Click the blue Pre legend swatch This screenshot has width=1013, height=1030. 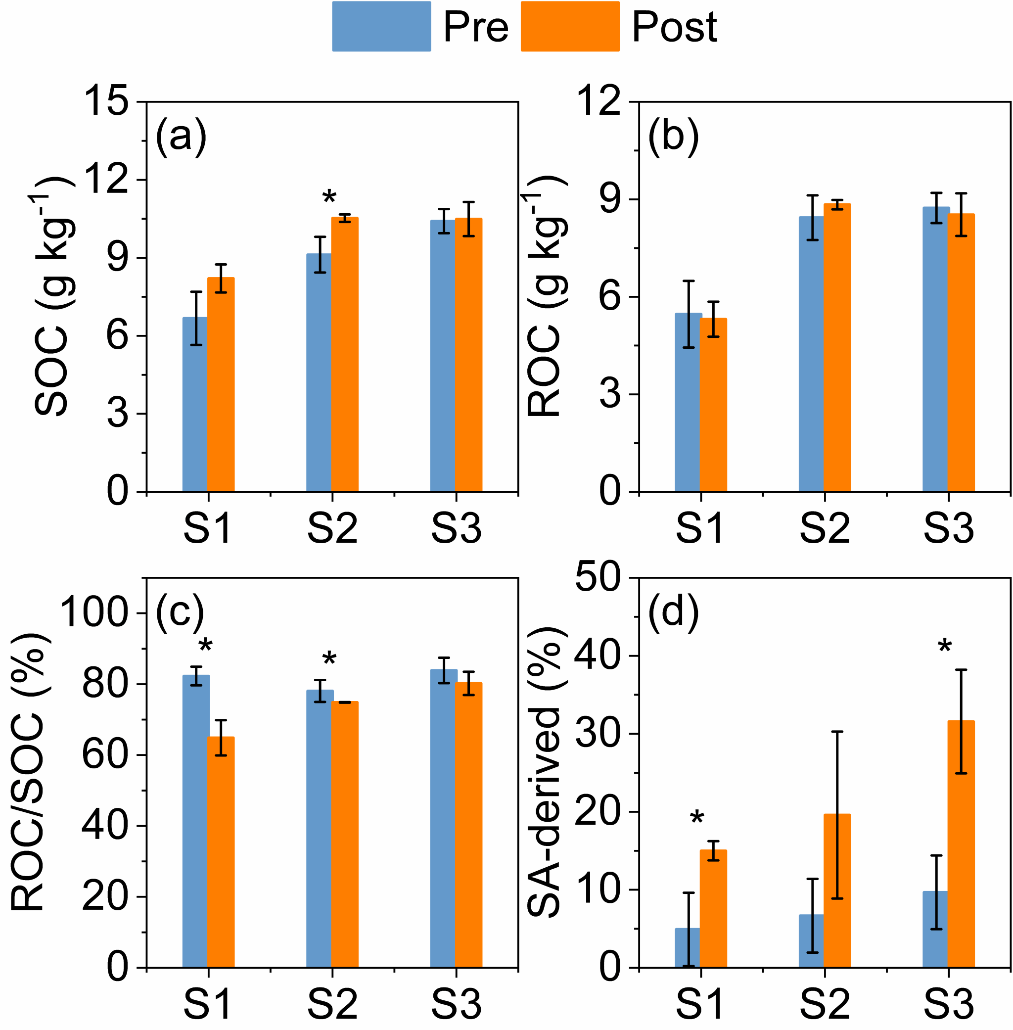[x=381, y=26]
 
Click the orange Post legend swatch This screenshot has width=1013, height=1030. [x=570, y=26]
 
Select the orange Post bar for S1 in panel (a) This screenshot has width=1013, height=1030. [x=221, y=384]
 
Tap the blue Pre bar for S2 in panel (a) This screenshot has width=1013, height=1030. [x=319, y=373]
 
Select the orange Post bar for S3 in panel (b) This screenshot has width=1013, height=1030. [x=961, y=352]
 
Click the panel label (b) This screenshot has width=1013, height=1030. [x=673, y=137]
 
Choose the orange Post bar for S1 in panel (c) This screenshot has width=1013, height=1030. [x=221, y=852]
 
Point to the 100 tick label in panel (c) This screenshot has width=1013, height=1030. [x=94, y=612]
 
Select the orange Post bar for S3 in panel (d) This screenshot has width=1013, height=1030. [x=961, y=844]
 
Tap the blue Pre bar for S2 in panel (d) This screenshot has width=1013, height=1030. [x=811, y=940]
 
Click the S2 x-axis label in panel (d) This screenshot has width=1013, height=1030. [x=825, y=1003]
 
